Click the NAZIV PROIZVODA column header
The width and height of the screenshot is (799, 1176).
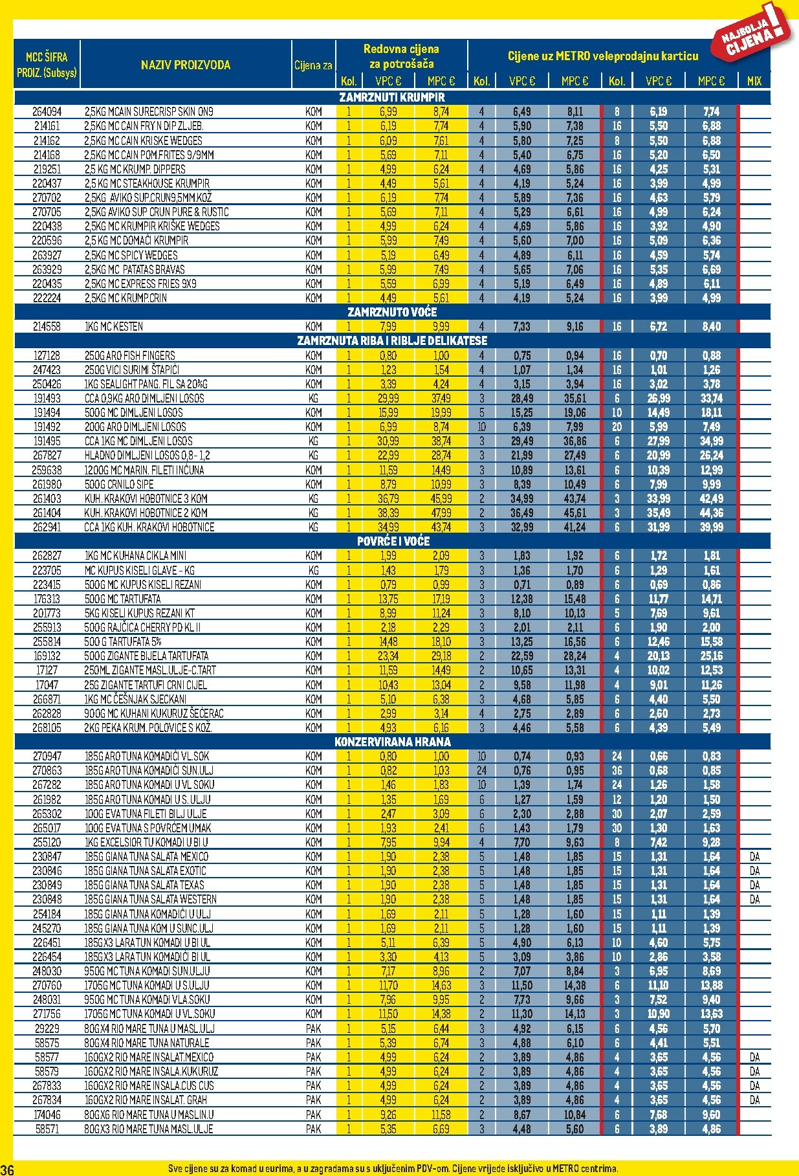point(185,65)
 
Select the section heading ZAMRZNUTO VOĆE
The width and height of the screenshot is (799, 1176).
point(392,312)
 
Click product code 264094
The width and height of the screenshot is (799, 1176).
point(47,112)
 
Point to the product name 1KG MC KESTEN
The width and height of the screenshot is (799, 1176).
point(114,327)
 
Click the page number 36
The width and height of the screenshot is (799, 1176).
point(7,1169)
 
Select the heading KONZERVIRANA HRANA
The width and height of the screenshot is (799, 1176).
point(392,742)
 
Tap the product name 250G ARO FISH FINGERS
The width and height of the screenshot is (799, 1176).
point(129,355)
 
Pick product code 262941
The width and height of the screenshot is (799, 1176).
point(47,527)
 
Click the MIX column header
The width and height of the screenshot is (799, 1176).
point(754,81)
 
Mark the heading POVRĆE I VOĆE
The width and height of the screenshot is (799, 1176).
point(393,541)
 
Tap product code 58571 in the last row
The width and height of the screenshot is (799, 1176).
point(47,1129)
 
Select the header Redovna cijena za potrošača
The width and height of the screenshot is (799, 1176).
point(401,56)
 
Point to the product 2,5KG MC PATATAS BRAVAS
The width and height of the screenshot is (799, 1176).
point(135,269)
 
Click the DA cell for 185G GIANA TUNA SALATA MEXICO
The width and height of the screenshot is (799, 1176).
point(754,856)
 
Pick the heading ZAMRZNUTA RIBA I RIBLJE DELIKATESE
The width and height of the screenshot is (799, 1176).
point(392,340)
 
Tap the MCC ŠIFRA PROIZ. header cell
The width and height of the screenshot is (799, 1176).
point(47,65)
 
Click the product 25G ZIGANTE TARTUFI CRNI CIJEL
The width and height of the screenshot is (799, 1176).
point(146,685)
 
